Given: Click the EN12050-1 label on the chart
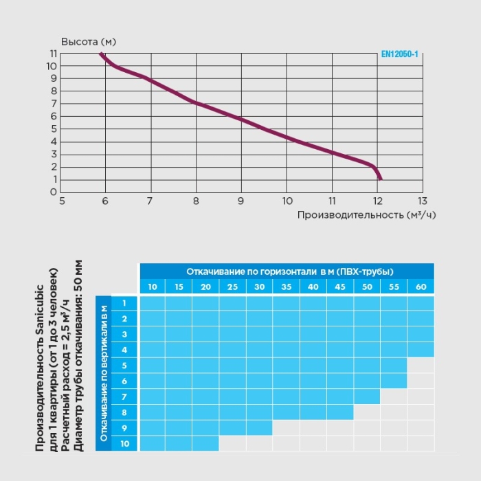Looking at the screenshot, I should click(399, 54).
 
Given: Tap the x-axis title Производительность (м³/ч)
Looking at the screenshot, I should click(367, 214).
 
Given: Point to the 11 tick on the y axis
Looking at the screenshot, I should click(53, 54).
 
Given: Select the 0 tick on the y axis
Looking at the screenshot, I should click(53, 192).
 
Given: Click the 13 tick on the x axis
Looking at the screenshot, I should click(422, 201).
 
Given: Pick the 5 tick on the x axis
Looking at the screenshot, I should click(62, 201).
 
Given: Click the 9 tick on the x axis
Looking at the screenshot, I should click(241, 201).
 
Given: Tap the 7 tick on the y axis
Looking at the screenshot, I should click(53, 104).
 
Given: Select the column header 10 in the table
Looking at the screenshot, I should click(153, 287).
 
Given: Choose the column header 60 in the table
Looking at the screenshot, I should click(421, 287).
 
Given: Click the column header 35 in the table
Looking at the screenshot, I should click(287, 287).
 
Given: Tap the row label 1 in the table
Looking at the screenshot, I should click(124, 303).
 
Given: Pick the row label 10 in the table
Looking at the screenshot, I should click(124, 444).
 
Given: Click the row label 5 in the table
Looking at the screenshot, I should click(124, 366).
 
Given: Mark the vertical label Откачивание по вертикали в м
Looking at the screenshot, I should click(104, 373).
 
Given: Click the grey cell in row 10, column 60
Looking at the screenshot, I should click(421, 444).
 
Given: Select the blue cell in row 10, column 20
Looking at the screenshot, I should click(205, 444).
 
